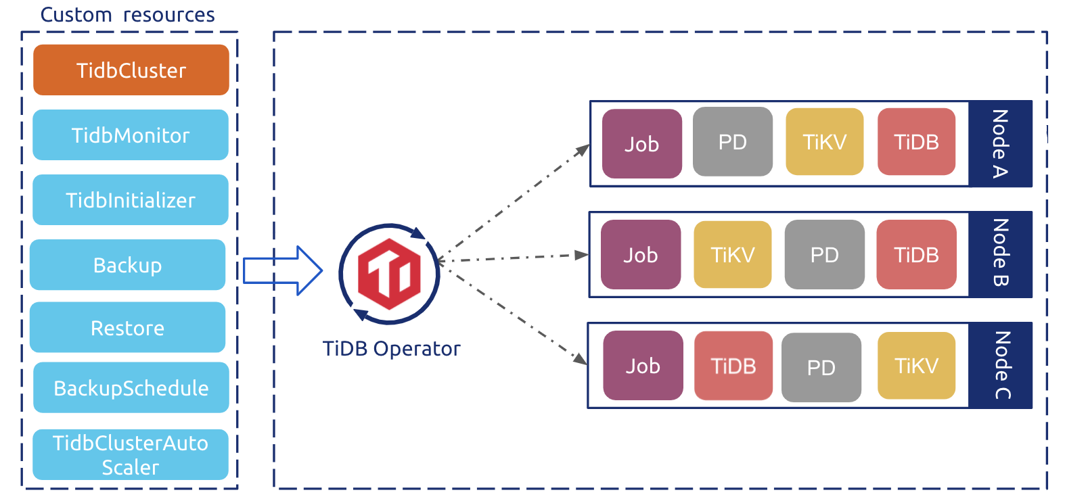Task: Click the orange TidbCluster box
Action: coord(131,70)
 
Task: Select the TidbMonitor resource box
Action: coord(131,135)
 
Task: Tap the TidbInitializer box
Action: coord(131,200)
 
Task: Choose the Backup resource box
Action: coord(127,265)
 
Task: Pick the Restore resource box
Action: coord(127,328)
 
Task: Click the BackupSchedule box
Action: coord(131,388)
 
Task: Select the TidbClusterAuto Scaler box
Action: coord(131,455)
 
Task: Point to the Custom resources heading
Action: coord(127,15)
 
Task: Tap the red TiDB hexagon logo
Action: coord(389,274)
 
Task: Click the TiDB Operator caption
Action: coord(391,349)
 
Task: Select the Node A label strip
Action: coord(1000,144)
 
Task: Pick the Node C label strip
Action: coord(1000,366)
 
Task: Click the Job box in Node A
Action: coord(641,144)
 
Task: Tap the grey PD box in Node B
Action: coord(824,255)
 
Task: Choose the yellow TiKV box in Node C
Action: coord(916,366)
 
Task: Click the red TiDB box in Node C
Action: coord(733,366)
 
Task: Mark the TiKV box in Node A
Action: coord(824,142)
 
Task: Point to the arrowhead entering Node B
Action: coord(581,255)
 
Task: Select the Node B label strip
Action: coord(1000,255)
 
